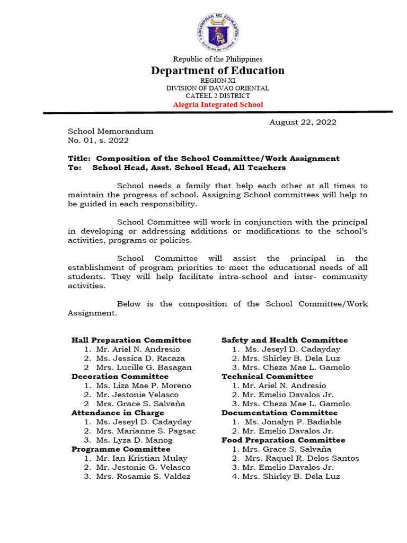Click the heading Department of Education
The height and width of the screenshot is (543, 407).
point(218,71)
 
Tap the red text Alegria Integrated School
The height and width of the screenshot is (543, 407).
point(218,104)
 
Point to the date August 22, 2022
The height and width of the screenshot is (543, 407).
point(303,122)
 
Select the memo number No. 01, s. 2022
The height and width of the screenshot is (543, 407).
point(98,141)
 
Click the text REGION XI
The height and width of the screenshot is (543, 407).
point(218,80)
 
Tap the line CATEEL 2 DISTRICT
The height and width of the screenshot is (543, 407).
point(218,96)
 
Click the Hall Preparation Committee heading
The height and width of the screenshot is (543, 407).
point(131,340)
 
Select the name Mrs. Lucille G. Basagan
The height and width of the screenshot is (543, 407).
point(144,367)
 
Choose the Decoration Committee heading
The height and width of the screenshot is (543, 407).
point(120,376)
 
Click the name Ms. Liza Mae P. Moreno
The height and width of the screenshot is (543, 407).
point(143,386)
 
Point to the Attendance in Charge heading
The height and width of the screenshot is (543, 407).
point(118,413)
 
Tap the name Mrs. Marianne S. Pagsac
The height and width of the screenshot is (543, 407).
point(146,431)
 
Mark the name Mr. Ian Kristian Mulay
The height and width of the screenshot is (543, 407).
point(141,458)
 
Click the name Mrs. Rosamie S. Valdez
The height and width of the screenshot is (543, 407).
point(143,476)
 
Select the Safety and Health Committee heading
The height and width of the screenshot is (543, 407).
point(285,340)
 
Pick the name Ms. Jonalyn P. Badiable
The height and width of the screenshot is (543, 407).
point(293,422)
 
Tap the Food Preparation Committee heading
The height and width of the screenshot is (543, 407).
point(283,440)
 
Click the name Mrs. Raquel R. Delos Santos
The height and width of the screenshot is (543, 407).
point(302,458)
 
